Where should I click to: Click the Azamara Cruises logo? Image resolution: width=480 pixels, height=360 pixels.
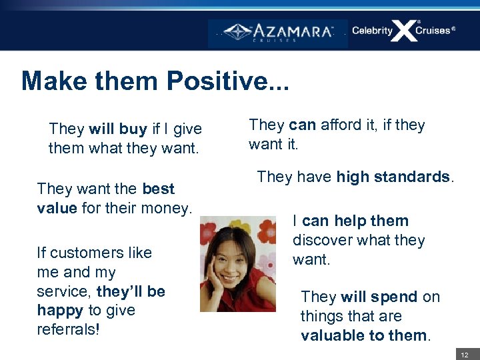(278, 32)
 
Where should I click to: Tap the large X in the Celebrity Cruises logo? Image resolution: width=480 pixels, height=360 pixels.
(403, 31)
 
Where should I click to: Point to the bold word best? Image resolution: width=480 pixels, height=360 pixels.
(158, 189)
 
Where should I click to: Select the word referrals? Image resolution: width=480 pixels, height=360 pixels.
(68, 329)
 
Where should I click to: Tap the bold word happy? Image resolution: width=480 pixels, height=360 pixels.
(58, 310)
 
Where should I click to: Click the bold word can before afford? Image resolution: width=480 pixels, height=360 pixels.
(303, 125)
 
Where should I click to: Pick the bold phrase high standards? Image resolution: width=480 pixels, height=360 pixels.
(393, 177)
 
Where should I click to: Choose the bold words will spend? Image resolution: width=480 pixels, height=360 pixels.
(379, 297)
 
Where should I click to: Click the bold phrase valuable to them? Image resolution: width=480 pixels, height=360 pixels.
(364, 335)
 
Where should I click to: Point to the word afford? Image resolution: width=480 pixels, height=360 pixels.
(342, 125)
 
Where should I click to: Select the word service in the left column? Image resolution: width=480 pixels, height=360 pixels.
(65, 291)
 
